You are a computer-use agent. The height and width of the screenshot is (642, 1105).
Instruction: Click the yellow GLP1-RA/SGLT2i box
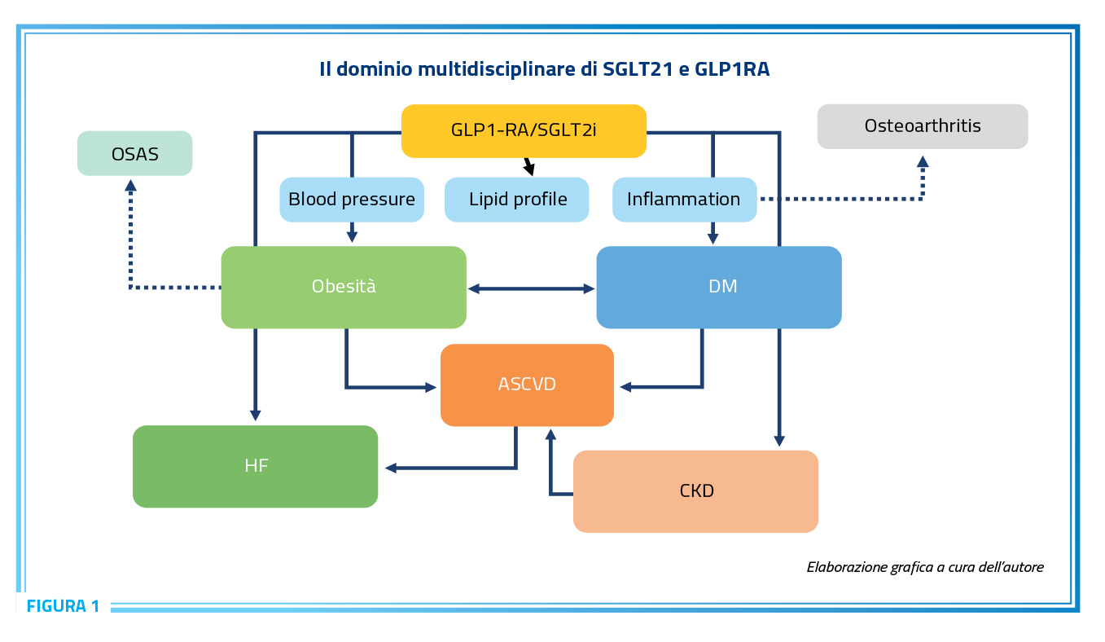pos(524,131)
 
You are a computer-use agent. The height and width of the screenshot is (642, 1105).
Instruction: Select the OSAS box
pos(134,153)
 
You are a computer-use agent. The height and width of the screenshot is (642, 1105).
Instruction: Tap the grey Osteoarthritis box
pos(923,126)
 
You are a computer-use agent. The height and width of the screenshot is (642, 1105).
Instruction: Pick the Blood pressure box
pos(352,200)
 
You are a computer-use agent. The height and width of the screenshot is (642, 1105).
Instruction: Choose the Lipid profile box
pos(516,200)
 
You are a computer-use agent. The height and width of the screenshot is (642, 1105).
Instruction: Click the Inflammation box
pos(685,200)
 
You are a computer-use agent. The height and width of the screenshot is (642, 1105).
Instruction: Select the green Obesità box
pos(344,288)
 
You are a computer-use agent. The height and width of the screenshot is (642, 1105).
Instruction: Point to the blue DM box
pos(719,288)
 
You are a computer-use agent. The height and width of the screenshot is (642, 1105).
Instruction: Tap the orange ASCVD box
pos(528,385)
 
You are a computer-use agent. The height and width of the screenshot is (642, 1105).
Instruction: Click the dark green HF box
pos(256,466)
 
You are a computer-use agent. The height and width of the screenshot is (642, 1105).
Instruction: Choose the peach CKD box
pos(696,491)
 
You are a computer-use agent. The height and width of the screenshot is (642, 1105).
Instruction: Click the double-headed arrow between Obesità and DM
pos(531,288)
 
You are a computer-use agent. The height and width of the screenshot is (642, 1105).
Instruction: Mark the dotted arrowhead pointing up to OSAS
pos(130,186)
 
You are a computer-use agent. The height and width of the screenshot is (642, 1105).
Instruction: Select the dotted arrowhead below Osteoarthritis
pos(923,162)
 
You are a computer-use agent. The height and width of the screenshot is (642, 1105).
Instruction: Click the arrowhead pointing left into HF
pos(391,468)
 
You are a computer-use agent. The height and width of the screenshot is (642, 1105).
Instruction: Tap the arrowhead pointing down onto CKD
pos(779,441)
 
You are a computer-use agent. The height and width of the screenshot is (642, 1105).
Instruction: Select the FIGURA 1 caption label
pos(64,606)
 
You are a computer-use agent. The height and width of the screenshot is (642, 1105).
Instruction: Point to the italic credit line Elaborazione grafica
pos(925,568)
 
